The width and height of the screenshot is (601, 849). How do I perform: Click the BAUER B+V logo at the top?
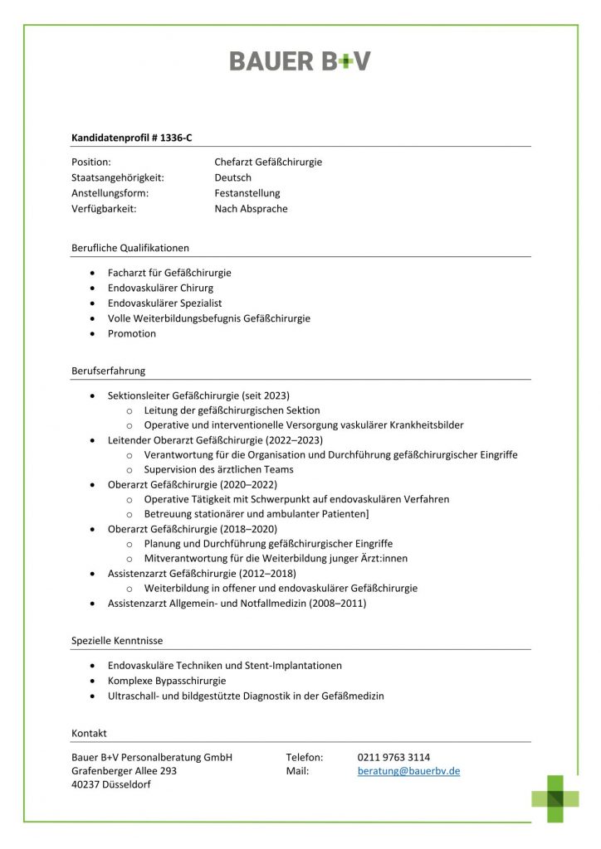pos(300,61)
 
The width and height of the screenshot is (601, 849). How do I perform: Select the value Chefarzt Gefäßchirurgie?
pos(268,162)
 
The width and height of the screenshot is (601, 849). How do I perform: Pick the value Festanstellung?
pos(247,193)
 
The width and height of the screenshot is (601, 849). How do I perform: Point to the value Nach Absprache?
pos(251,209)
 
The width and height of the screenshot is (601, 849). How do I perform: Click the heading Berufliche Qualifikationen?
pos(130,247)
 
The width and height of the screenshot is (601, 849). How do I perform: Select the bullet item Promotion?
pos(132,333)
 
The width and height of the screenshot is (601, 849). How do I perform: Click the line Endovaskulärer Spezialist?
pos(164,303)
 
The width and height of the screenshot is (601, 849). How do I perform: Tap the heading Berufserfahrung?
pos(108,371)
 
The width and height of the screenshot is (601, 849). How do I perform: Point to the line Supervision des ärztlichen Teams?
pos(218,469)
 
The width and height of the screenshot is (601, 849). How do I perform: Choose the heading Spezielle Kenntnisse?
pos(117,641)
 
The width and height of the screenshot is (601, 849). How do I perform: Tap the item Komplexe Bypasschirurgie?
pos(167,681)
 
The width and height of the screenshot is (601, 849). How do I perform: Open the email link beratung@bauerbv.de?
pos(408,771)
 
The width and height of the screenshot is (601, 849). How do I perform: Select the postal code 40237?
pos(86,785)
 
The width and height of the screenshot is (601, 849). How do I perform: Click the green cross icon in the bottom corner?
pos(555,798)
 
